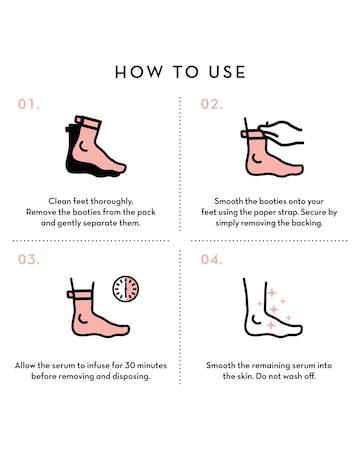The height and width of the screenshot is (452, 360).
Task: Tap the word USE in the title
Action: coord(227,72)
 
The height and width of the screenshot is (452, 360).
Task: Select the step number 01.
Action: coord(29,104)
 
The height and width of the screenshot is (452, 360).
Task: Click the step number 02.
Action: coord(211,104)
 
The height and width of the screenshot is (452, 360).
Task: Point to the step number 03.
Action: coord(29,259)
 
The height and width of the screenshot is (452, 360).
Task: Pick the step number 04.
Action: coord(211,259)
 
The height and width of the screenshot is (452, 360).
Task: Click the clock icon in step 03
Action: coord(126,289)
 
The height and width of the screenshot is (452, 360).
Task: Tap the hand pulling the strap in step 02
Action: coord(283,133)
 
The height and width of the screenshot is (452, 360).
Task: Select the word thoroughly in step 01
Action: coord(112,201)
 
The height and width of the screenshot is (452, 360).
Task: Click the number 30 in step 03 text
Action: coord(130,365)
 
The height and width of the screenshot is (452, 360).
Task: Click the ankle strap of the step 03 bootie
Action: coord(79,295)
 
